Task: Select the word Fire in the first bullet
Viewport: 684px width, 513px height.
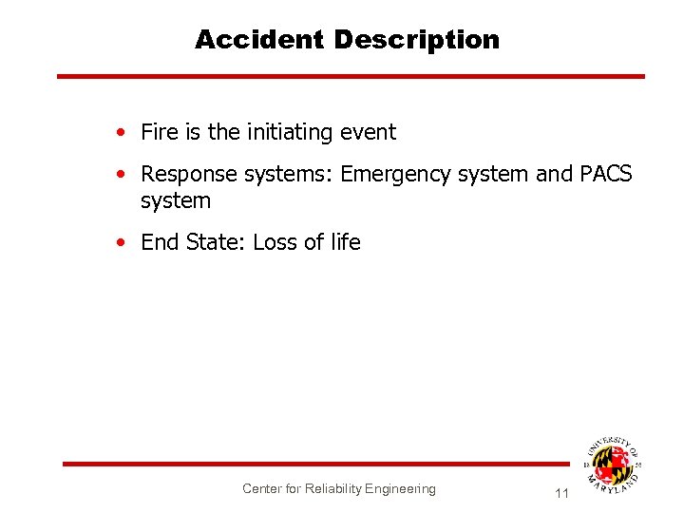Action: (x=160, y=132)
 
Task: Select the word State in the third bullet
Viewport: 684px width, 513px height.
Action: (x=215, y=242)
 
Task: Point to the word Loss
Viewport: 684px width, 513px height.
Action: (x=275, y=242)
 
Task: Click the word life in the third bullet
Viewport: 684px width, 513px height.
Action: (x=345, y=242)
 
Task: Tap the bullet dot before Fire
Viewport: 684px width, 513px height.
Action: (x=121, y=133)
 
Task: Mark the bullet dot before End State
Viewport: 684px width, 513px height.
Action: (x=121, y=243)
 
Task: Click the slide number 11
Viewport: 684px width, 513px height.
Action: (x=560, y=493)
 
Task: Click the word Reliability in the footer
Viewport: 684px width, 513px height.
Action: (x=333, y=488)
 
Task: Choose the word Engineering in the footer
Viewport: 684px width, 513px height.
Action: (x=400, y=488)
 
